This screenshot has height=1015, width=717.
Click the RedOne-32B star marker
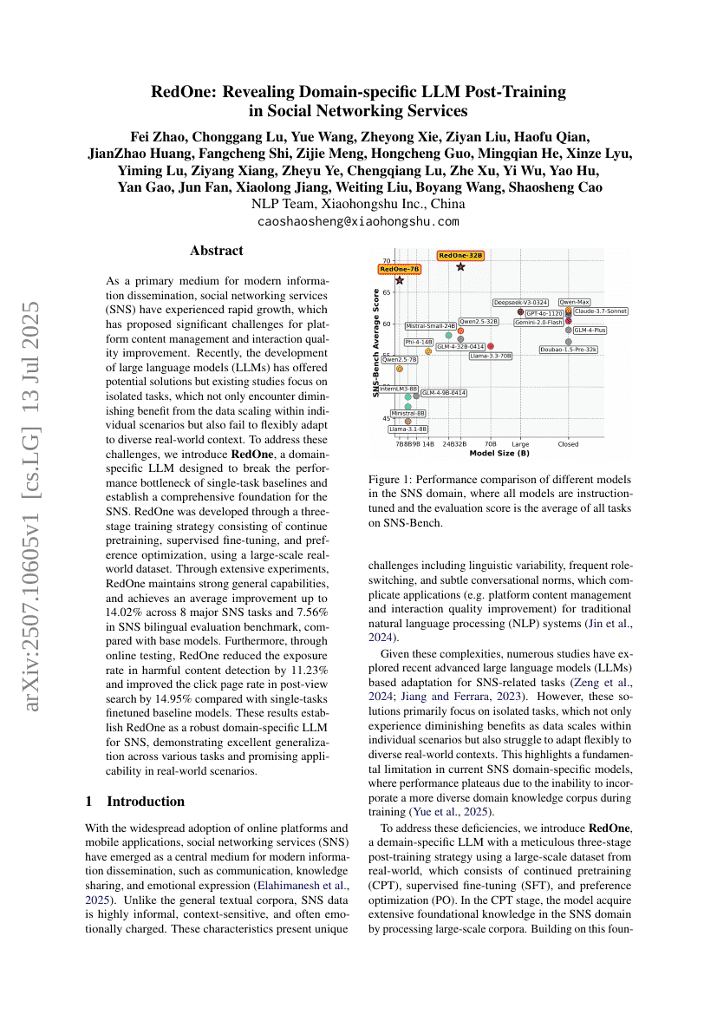[x=460, y=266]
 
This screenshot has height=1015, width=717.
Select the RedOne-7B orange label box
[x=400, y=269]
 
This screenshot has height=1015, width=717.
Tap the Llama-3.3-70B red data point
[x=491, y=346]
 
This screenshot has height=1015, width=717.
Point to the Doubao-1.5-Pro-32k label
[x=568, y=350]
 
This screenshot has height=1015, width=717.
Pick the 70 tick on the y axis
[x=387, y=260]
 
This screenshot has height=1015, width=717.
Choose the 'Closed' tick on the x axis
[x=569, y=444]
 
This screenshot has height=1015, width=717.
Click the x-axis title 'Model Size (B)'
[x=499, y=453]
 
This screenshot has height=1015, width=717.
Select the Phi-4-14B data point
[x=428, y=351]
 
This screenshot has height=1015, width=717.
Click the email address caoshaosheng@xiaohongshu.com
[x=358, y=221]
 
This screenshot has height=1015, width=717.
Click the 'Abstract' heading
[x=217, y=251]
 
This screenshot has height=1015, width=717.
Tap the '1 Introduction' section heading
[x=135, y=801]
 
